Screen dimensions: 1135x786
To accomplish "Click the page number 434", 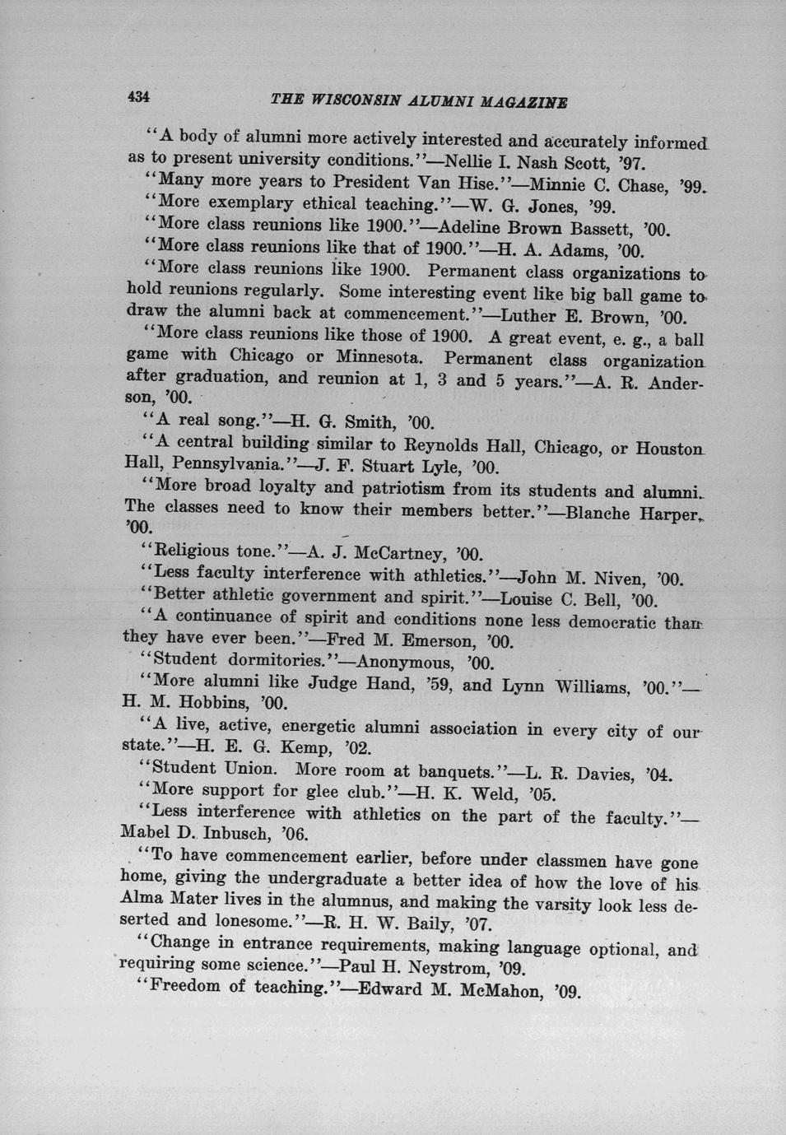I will click(x=137, y=96).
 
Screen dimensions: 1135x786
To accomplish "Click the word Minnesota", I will click(x=378, y=358).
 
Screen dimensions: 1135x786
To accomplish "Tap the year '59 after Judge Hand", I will click(x=430, y=684).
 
